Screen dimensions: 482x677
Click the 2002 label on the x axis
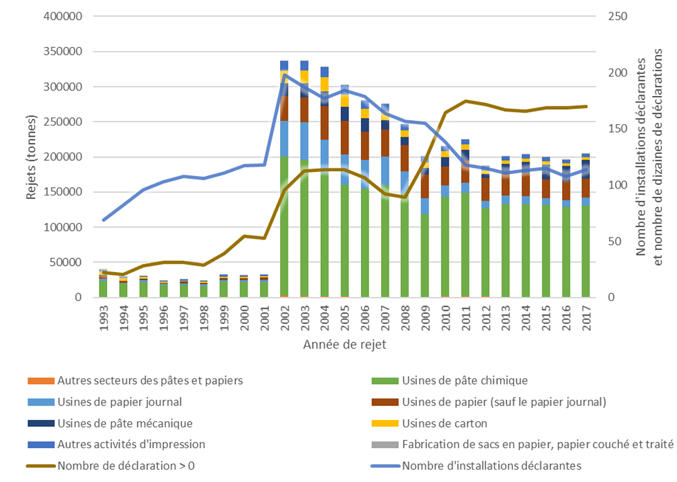point(284,318)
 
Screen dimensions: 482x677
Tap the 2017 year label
point(586,318)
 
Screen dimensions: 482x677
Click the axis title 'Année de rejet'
point(344,343)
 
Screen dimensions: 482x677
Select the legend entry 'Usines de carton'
point(445,423)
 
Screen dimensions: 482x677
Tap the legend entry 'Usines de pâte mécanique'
point(124,423)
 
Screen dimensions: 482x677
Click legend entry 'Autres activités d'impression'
point(131,444)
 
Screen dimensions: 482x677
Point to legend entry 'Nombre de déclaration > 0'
point(126,465)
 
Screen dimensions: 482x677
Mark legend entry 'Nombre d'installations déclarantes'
point(491,465)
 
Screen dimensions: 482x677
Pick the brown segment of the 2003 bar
point(304,110)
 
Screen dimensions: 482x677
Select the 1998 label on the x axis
point(204,318)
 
